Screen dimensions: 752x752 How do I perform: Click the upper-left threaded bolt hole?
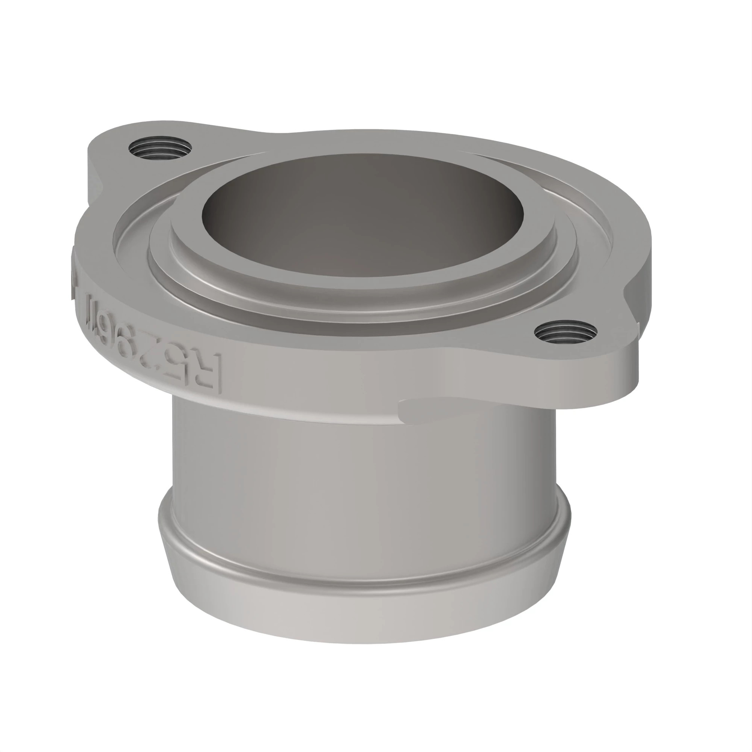click(160, 148)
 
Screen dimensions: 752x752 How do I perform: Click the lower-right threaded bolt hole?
click(566, 333)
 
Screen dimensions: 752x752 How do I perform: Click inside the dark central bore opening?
click(362, 210)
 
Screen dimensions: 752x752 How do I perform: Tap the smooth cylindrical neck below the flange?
click(362, 467)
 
